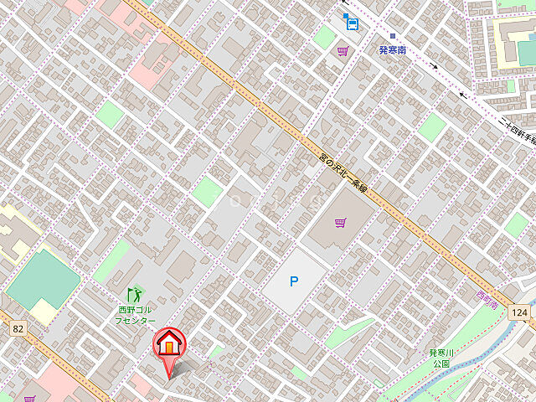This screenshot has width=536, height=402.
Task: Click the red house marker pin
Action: coord(168,345)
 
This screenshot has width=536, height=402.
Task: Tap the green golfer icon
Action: coord(135,295)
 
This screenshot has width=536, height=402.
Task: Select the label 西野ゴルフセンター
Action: coord(136,315)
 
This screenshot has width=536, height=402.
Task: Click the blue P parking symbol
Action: coord(293,281)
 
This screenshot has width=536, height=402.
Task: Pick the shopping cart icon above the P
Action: coord(340,223)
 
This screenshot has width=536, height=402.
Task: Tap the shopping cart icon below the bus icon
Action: coord(343,51)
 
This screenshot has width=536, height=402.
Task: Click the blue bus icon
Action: coord(351,23)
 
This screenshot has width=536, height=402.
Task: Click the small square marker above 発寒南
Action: coord(391,35)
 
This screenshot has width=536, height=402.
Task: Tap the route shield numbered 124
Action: coord(520,312)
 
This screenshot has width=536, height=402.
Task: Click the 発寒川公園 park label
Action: coord(441,358)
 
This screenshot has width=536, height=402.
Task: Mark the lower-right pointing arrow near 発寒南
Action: coord(433,65)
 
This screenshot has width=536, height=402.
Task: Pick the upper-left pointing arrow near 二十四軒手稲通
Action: coord(463,94)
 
